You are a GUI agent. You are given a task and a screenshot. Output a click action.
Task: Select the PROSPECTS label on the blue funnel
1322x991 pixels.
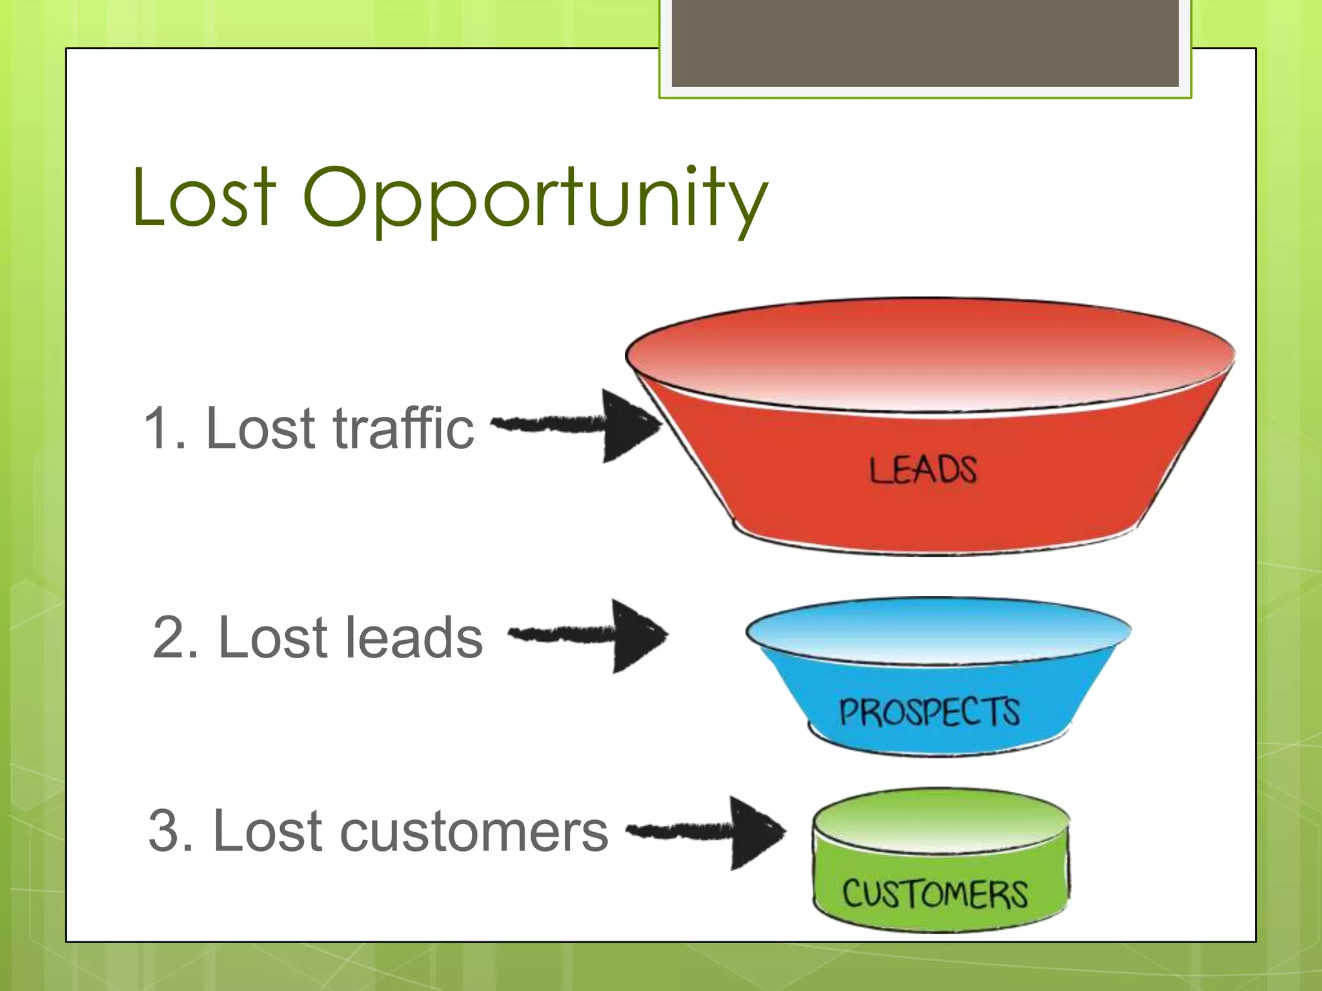(929, 712)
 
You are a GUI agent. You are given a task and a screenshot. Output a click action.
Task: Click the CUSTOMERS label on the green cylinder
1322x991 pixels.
(934, 894)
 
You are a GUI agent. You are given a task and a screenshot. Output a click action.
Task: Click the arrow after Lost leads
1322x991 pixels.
(587, 636)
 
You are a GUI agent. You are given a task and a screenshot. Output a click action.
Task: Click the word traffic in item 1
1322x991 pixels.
(403, 428)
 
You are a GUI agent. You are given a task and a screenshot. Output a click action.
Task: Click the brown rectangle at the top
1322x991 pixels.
(924, 43)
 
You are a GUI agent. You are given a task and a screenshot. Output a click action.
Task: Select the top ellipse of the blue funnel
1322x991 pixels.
(937, 630)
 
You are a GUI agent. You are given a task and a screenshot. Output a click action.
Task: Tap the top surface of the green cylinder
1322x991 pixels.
(941, 821)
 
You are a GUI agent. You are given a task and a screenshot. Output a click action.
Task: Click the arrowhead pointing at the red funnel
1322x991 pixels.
(629, 425)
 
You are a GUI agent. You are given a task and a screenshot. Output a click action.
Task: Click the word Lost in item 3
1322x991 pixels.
(267, 832)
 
